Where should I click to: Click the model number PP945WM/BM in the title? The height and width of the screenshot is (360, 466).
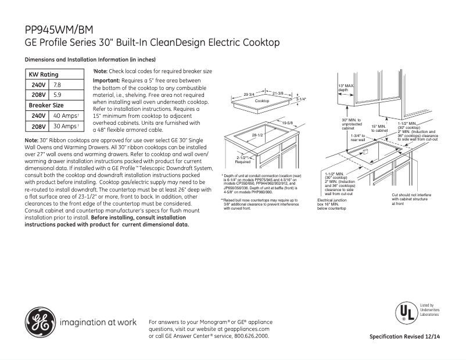58,31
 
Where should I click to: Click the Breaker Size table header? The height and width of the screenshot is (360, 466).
46,105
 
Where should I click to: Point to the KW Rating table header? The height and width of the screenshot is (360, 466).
44,74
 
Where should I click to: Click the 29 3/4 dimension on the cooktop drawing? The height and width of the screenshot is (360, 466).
249,94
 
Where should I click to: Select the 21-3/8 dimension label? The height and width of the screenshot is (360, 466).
277,93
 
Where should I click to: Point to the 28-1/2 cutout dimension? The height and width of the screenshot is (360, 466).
257,135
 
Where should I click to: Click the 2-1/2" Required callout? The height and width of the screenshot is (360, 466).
243,160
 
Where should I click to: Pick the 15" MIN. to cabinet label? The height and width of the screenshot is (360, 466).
379,128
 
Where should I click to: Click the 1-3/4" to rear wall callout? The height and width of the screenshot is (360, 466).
358,137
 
